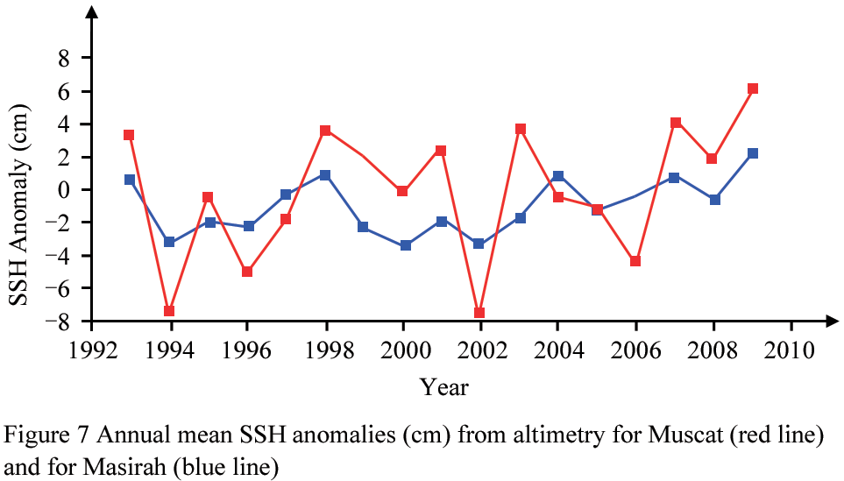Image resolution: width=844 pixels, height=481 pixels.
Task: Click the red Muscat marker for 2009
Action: tap(752, 88)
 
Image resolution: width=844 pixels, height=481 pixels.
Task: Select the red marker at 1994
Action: tap(169, 311)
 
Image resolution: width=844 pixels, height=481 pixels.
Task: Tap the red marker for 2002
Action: tap(479, 313)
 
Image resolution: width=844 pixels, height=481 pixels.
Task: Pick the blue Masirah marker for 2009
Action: tap(752, 153)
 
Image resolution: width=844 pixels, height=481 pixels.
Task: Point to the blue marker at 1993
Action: tap(130, 180)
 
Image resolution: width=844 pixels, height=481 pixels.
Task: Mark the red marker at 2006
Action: tap(635, 261)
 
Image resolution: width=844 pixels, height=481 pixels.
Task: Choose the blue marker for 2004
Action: tap(558, 176)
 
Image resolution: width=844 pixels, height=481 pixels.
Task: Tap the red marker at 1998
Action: tap(325, 131)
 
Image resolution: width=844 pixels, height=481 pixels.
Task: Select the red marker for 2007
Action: tap(675, 123)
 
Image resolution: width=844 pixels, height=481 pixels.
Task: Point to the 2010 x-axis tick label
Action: tap(791, 349)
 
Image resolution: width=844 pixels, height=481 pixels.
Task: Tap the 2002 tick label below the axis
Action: tap(479, 349)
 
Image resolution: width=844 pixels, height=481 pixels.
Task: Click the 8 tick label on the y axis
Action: tap(64, 59)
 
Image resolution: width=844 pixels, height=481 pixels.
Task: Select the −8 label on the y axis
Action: tap(57, 322)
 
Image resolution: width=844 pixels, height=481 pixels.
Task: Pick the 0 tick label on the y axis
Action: tap(64, 190)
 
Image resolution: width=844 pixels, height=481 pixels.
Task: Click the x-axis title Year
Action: tap(443, 386)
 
